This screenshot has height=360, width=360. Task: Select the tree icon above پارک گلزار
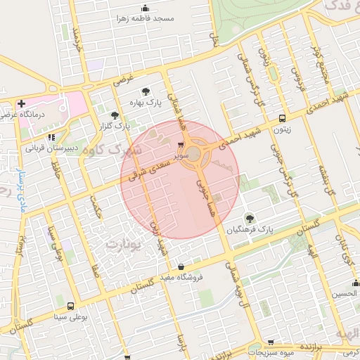pyautogui.click(x=115, y=115)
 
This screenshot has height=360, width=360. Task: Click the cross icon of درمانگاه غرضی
pyautogui.click(x=22, y=103)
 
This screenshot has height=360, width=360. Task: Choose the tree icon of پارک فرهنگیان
pyautogui.click(x=249, y=218)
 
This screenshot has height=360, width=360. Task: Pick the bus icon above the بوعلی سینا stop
pyautogui.click(x=70, y=307)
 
